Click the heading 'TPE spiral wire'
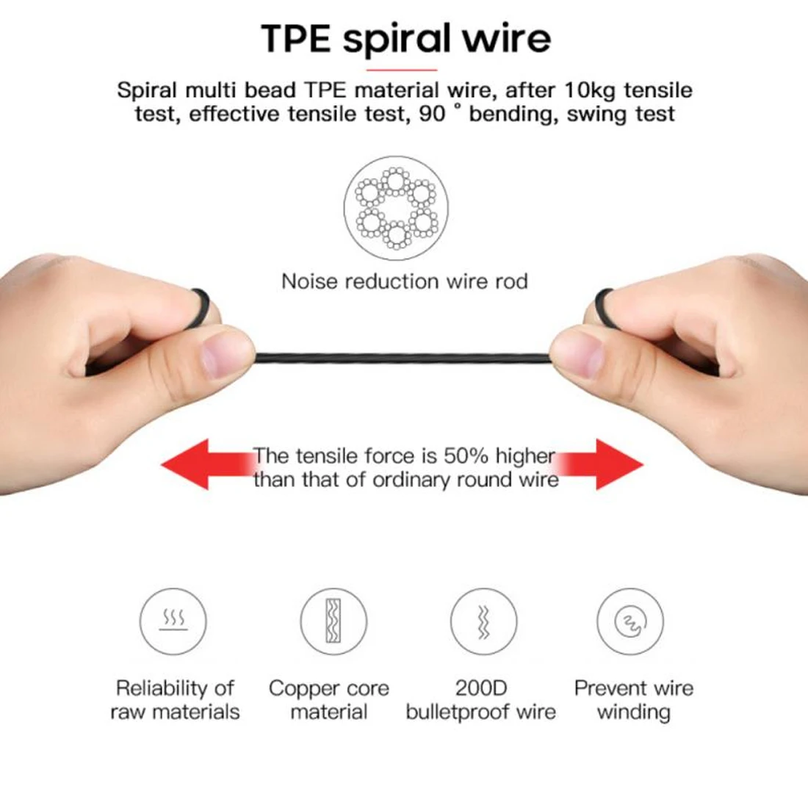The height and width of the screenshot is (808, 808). click(x=406, y=39)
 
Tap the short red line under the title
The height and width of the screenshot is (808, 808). click(x=401, y=70)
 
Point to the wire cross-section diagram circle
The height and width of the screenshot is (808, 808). click(x=396, y=208)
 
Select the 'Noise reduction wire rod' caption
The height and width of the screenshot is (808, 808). click(x=405, y=281)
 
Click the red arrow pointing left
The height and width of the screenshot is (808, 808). click(x=206, y=463)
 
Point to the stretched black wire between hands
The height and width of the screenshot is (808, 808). click(x=403, y=357)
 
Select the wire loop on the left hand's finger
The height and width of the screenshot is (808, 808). click(x=201, y=307)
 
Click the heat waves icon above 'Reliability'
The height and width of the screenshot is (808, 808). click(x=173, y=621)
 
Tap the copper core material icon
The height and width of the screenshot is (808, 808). click(x=333, y=621)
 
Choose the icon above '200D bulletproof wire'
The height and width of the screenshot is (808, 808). click(x=483, y=621)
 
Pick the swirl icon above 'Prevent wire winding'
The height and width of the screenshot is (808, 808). click(x=630, y=621)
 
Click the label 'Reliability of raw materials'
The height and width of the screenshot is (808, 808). click(x=175, y=700)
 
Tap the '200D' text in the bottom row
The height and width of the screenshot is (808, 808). click(x=481, y=688)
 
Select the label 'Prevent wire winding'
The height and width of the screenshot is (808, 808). click(x=634, y=700)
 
